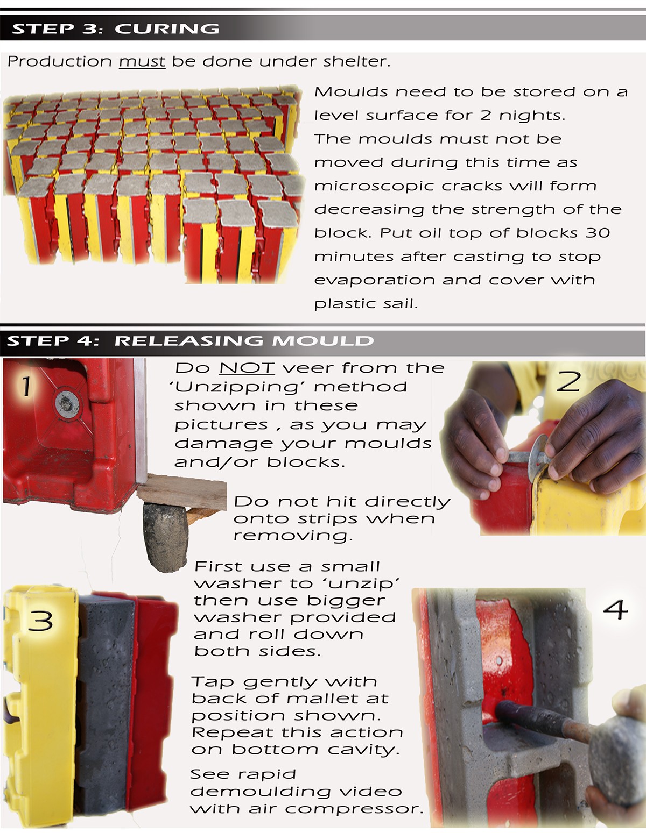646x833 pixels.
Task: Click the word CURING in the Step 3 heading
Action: pos(167,29)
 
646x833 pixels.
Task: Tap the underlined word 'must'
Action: pos(142,62)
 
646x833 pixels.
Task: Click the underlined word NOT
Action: pos(247,368)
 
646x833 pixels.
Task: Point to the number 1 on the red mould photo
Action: pos(25,386)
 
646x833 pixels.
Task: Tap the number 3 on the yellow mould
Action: pos(40,621)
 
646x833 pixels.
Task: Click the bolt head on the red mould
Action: pos(67,404)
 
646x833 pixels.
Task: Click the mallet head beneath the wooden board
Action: pos(165,537)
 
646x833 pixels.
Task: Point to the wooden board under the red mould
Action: pos(182,492)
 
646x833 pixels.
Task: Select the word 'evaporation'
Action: pos(374,281)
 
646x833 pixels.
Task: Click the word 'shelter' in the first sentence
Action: pos(356,62)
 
